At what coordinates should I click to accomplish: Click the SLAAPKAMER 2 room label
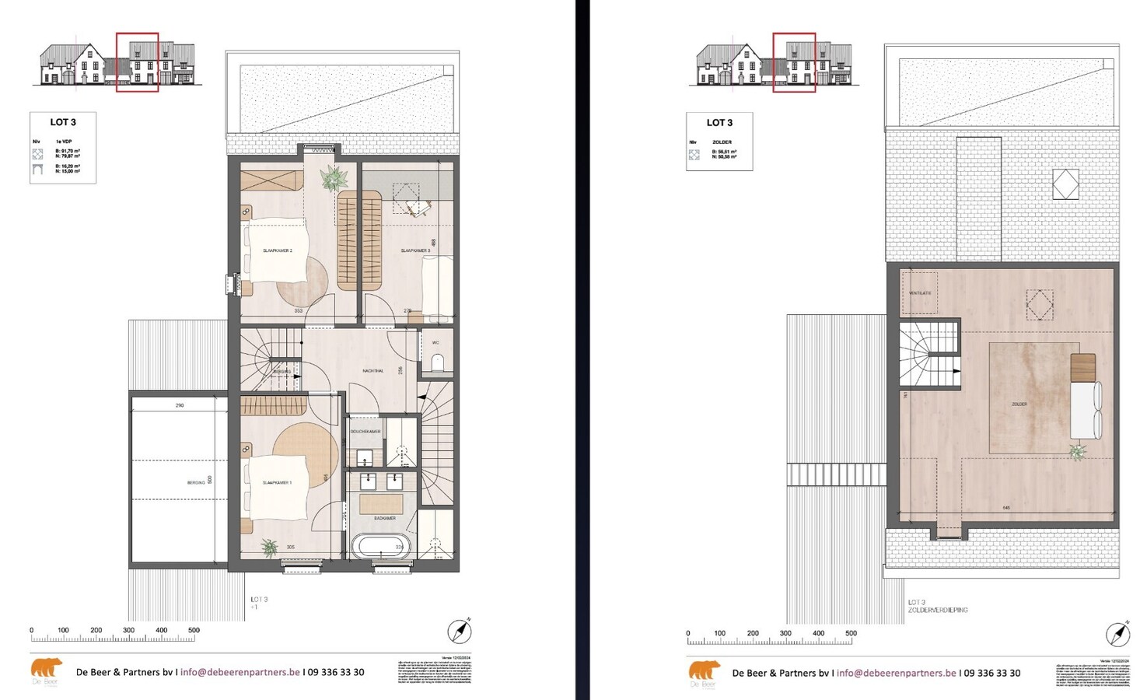(278, 250)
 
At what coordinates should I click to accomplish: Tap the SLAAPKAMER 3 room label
(415, 250)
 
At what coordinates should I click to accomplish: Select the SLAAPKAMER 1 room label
(277, 483)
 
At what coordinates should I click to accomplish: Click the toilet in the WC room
(437, 362)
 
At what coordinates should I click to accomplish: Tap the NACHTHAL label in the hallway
(373, 371)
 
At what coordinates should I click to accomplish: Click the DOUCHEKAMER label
(365, 432)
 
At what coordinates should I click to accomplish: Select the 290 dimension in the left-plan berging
(180, 405)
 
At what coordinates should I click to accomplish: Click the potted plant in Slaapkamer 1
(270, 548)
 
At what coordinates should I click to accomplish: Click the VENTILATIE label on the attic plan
(920, 293)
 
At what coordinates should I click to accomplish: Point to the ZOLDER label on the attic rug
(1019, 404)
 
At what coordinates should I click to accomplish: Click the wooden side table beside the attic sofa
(1082, 366)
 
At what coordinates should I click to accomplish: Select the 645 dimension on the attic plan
(1006, 508)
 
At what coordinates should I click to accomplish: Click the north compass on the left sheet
(460, 631)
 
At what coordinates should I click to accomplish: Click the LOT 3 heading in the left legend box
(63, 122)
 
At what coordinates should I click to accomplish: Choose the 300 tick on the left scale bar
(128, 631)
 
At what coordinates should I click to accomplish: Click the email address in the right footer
(896, 673)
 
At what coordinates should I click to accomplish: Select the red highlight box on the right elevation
(794, 62)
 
